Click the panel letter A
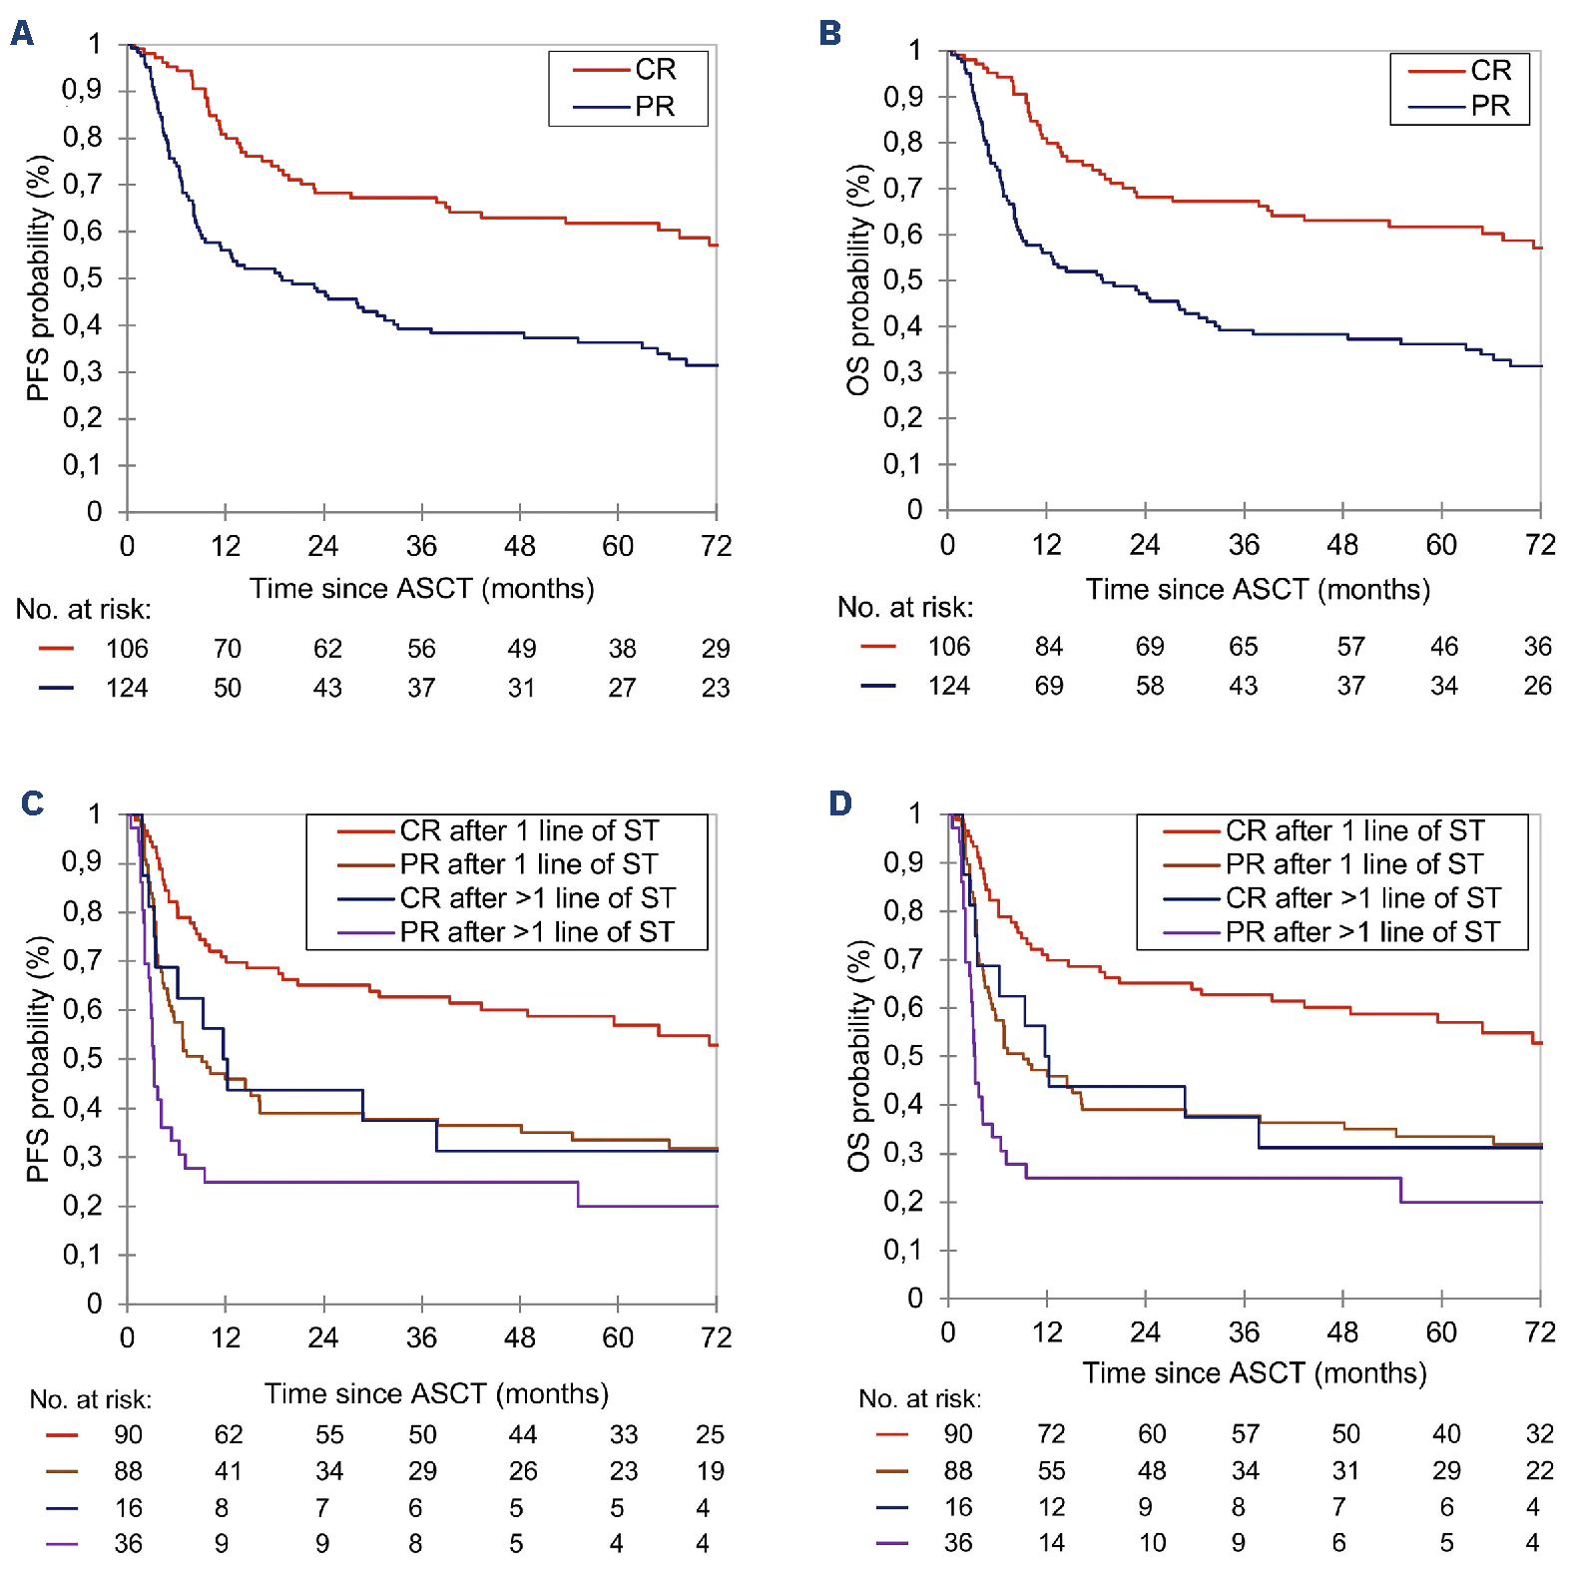coord(22,34)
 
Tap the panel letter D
coord(840,803)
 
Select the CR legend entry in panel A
coord(655,70)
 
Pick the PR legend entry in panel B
coord(1489,106)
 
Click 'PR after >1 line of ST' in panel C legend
coord(537,932)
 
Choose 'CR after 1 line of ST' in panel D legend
coord(1354,830)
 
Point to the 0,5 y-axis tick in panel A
coord(83,278)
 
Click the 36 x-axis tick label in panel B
coord(1244,545)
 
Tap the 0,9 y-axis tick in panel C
coord(83,861)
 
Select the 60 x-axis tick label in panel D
coord(1441,1332)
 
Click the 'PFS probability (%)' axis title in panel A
coord(38,278)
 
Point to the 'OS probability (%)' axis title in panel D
coord(858,1056)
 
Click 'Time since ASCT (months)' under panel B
coord(1258,590)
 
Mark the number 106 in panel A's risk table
coord(127,650)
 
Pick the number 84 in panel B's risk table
coord(1049,648)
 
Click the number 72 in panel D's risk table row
coord(1051,1434)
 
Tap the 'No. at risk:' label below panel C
coord(91,1400)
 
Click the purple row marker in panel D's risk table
coord(891,1544)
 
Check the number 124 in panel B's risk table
coord(949,687)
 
